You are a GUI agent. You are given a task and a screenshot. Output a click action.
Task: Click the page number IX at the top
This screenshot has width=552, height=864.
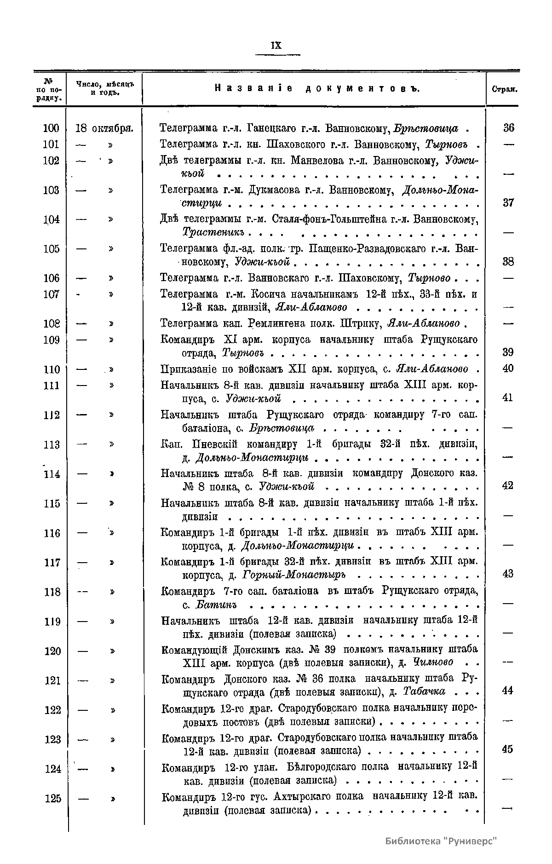pyautogui.click(x=276, y=46)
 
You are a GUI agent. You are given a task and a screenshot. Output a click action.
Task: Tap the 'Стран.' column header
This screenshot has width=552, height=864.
pyautogui.click(x=505, y=89)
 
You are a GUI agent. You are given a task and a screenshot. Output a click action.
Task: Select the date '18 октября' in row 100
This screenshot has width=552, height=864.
pyautogui.click(x=104, y=128)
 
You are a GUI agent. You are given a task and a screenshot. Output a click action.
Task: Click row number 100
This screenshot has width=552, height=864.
pyautogui.click(x=51, y=128)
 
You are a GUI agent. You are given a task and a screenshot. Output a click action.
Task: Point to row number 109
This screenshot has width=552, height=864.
pyautogui.click(x=51, y=340)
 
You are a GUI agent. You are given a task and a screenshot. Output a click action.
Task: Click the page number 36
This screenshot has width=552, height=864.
pyautogui.click(x=508, y=128)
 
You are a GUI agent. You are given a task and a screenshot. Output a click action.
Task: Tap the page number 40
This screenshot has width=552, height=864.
pyautogui.click(x=508, y=369)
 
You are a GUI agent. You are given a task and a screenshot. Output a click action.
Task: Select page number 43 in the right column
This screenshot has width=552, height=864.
pyautogui.click(x=508, y=574)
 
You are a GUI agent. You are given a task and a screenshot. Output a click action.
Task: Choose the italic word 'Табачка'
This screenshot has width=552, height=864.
pyautogui.click(x=424, y=691)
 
